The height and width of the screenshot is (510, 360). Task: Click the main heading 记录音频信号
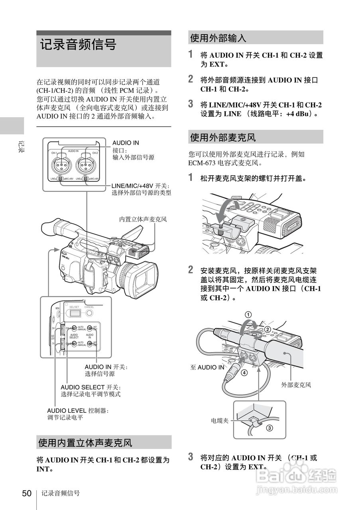[78, 45]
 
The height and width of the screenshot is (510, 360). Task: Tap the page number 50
[26, 493]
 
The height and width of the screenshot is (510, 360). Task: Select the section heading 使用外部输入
[218, 38]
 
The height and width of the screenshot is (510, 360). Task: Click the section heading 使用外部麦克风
[222, 137]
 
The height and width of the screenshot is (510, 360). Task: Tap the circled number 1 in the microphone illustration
[248, 314]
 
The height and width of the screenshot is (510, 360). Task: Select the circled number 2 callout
[268, 329]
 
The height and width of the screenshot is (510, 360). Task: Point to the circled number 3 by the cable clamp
[270, 429]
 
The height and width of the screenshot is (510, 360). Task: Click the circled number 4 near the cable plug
[244, 373]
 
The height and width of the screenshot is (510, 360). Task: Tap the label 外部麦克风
[296, 385]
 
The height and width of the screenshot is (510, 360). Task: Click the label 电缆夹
[220, 420]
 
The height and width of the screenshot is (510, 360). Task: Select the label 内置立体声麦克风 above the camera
[143, 219]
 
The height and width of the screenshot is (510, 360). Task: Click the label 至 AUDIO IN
[207, 367]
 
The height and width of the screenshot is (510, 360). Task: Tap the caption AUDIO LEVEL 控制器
[78, 410]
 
